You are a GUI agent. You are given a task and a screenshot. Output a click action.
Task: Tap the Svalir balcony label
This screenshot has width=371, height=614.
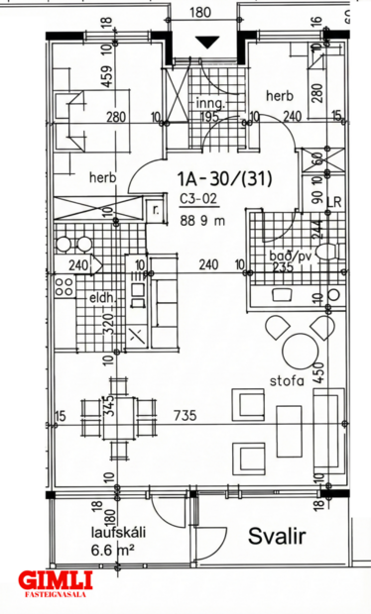tap(277, 538)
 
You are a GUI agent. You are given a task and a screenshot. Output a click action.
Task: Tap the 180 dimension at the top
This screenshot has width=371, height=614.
tap(200, 12)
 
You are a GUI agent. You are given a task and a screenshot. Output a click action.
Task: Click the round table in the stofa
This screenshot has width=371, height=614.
tap(301, 350)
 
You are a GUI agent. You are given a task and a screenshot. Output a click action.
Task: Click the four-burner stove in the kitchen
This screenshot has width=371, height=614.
tap(65, 288)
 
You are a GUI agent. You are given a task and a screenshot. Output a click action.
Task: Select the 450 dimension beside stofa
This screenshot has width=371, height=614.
tap(319, 377)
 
